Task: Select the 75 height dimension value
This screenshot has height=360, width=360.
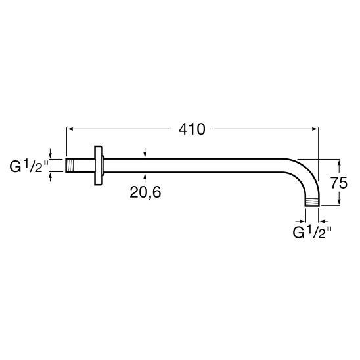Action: tap(339, 183)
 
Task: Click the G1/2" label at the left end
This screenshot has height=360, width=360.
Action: tap(27, 167)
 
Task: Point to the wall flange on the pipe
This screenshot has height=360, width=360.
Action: tap(99, 166)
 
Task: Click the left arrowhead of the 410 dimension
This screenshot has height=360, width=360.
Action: tap(70, 129)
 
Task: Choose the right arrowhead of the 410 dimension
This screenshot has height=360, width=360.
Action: tap(315, 129)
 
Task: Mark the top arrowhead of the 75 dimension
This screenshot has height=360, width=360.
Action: tap(339, 162)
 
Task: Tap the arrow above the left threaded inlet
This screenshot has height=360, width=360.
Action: tap(51, 154)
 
